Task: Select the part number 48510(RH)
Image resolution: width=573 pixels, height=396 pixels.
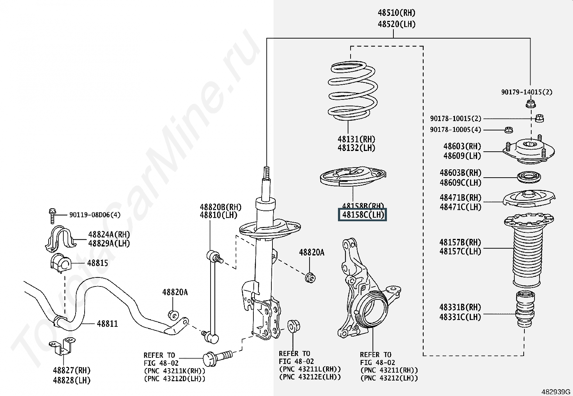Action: coord(396,13)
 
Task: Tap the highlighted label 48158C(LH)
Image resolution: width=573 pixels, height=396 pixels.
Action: coord(362,215)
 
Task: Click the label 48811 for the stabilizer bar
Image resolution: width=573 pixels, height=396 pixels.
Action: coord(107,324)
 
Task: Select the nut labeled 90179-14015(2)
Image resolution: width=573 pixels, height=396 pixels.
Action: coord(530,104)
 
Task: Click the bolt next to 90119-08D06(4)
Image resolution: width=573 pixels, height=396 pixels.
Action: coord(52,215)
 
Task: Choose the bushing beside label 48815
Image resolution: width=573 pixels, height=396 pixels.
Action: coord(60,263)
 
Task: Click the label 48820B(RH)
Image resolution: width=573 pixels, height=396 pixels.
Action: coord(220,207)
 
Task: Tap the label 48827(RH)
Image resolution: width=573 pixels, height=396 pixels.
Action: coord(72,370)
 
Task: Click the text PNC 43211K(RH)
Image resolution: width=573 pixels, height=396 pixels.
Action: coord(175,371)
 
